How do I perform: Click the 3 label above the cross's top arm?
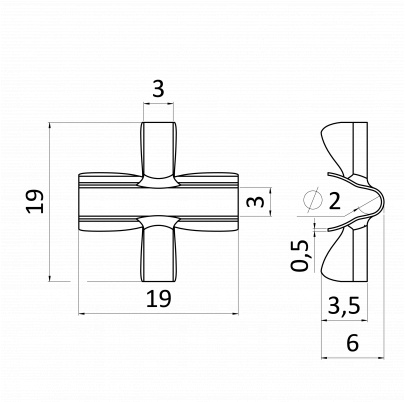coord(158,89)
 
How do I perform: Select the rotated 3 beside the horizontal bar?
coord(257,202)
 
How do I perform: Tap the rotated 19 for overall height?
coord(35,201)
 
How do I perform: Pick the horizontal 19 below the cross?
coord(159,298)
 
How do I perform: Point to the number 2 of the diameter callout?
coord(334,201)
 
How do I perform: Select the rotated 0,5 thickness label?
coord(299,255)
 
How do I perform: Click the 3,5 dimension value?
coord(344,306)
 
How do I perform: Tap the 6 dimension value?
coord(352,343)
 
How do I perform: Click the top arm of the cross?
coord(158,148)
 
